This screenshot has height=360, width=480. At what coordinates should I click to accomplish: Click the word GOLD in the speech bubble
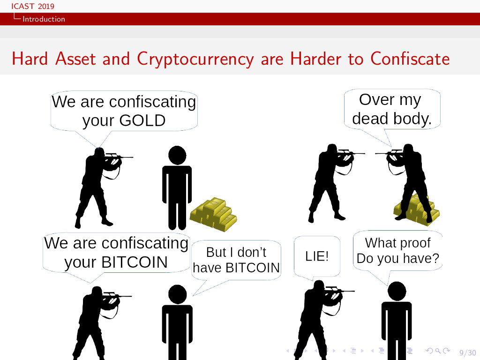click(142, 120)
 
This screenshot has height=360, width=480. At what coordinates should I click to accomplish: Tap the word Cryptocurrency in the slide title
click(195, 59)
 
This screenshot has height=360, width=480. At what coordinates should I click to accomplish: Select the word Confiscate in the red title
click(410, 59)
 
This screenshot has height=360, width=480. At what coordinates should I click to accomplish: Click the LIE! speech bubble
click(317, 256)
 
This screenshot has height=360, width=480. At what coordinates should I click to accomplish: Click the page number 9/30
click(467, 352)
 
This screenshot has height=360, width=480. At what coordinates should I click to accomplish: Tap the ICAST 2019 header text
click(33, 6)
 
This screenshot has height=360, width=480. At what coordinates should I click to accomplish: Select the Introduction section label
click(44, 19)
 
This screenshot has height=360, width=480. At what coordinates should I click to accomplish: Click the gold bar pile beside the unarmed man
click(213, 214)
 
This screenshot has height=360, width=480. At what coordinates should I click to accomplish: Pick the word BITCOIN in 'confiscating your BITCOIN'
click(135, 262)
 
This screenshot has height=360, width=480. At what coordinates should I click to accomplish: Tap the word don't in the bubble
click(252, 252)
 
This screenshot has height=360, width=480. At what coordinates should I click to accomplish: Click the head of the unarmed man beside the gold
click(177, 155)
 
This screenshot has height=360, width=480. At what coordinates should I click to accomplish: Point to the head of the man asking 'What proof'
click(397, 291)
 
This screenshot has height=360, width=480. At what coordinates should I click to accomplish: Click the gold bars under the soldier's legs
click(416, 210)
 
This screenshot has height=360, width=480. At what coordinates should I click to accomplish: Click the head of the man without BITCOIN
click(178, 294)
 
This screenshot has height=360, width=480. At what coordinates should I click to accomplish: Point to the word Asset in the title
click(75, 59)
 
